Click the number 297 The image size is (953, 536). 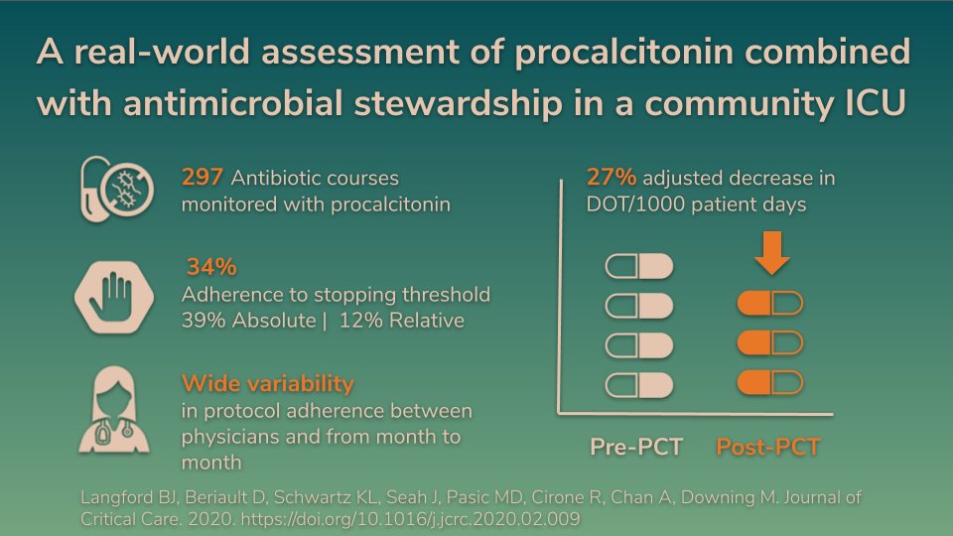click(203, 179)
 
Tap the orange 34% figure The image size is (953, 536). click(211, 268)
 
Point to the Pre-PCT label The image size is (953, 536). click(636, 448)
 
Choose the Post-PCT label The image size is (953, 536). click(768, 448)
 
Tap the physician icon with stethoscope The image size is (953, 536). click(114, 411)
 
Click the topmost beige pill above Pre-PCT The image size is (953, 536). click(639, 267)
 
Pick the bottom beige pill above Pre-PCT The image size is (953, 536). click(639, 384)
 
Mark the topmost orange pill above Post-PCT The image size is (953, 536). click(770, 303)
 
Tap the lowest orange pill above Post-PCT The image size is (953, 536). click(770, 382)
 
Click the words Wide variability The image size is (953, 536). click(267, 383)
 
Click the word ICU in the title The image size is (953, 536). click(872, 101)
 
